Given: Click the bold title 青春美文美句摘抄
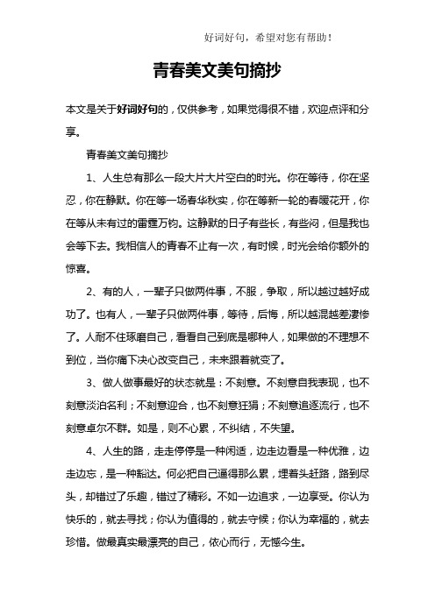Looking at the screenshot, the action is pos(217,67).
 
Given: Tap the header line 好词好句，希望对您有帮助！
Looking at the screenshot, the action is pos(267,37).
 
